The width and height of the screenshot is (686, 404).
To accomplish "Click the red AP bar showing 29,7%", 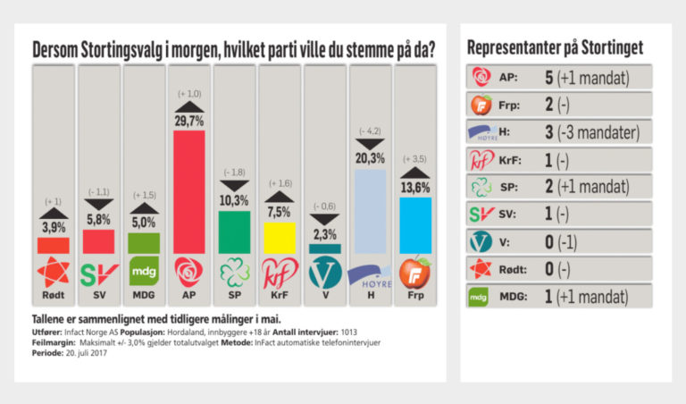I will pos(188,191).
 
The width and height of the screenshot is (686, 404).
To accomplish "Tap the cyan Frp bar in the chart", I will pos(414,225).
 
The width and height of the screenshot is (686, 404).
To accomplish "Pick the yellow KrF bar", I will pos(279,238).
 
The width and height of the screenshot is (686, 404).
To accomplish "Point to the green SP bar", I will pos(234,231).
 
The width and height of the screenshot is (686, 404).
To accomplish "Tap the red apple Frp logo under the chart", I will pos(414,272).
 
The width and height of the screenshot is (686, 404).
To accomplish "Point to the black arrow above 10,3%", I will pos(234,183).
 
